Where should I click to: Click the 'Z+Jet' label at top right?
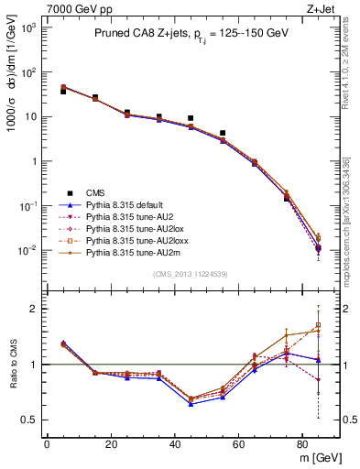point(325,7)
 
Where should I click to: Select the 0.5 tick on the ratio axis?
point(31,420)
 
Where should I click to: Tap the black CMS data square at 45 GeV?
point(191,118)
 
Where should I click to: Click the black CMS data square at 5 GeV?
point(62,92)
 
